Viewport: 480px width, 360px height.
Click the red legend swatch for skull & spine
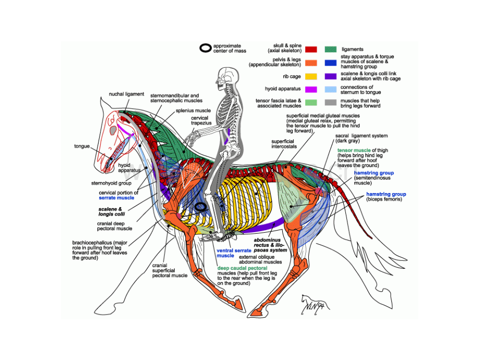[311, 50]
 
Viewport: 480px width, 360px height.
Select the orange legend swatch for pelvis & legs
[311, 63]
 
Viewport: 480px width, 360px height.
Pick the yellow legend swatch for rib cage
[311, 76]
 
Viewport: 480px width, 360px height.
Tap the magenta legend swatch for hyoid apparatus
[311, 89]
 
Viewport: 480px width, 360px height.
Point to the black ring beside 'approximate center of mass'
[206, 49]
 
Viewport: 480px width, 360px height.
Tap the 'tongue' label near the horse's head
[82, 147]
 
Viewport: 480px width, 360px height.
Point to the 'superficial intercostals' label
[283, 144]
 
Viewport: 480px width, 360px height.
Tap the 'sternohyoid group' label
[110, 184]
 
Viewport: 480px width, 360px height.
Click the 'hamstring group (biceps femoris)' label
[386, 197]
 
